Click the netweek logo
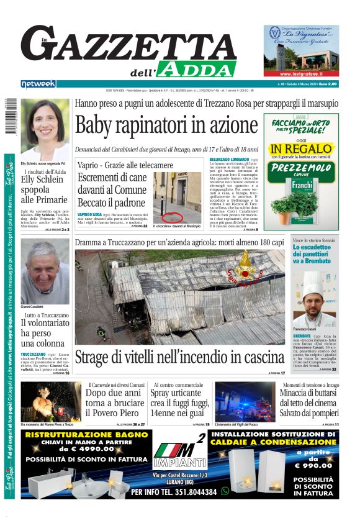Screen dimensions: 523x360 [38, 84]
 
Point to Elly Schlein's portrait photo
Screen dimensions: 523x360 [45, 129]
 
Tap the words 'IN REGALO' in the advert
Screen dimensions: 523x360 [301, 150]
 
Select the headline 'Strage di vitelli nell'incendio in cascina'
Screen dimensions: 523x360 [179, 357]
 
